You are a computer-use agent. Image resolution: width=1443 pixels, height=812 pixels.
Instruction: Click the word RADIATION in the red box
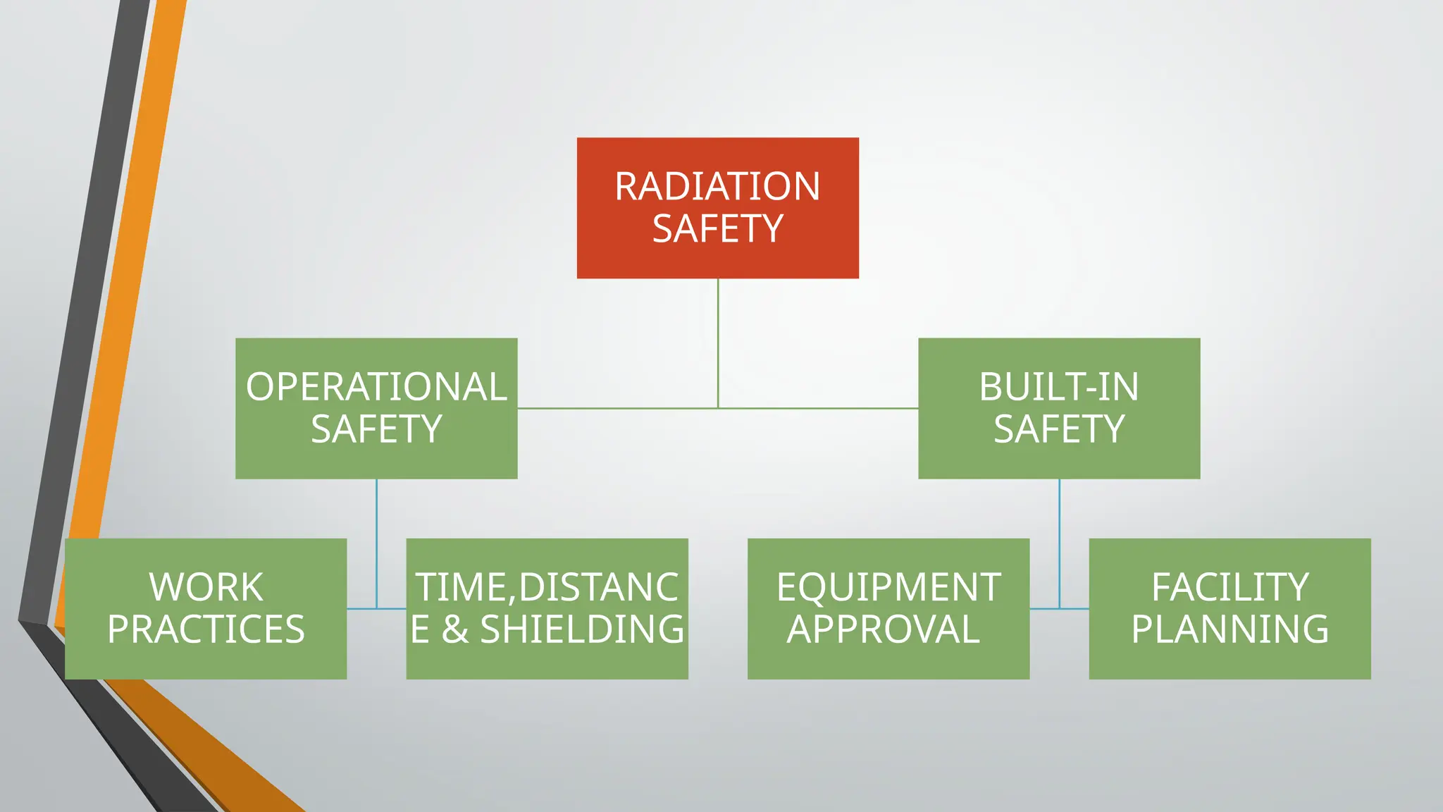717,187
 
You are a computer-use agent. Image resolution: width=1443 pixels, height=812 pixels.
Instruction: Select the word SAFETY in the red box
717,229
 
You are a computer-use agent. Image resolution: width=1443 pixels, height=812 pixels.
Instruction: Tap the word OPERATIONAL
376,387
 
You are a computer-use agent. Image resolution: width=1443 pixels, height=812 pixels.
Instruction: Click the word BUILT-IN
1058,387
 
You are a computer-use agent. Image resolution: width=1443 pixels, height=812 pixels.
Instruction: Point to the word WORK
206,587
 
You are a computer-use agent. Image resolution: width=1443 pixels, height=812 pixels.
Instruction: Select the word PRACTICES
206,629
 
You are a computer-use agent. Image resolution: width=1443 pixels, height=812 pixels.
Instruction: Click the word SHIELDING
582,629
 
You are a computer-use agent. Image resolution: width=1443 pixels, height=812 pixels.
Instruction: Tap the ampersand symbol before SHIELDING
455,629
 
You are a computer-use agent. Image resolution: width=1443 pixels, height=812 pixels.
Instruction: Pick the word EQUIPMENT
888,587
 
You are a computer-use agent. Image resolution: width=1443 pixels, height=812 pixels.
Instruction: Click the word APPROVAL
883,629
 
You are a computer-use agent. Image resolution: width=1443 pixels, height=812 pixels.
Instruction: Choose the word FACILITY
1230,587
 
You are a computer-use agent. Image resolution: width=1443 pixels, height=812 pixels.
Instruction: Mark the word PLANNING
1230,629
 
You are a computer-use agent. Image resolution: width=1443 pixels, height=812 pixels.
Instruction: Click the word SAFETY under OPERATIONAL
376,429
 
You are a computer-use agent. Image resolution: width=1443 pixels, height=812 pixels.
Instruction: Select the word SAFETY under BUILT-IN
1058,429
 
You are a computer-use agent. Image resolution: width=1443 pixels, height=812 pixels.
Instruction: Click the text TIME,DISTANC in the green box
547,587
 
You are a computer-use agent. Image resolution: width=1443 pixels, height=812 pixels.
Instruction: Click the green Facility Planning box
1230,663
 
